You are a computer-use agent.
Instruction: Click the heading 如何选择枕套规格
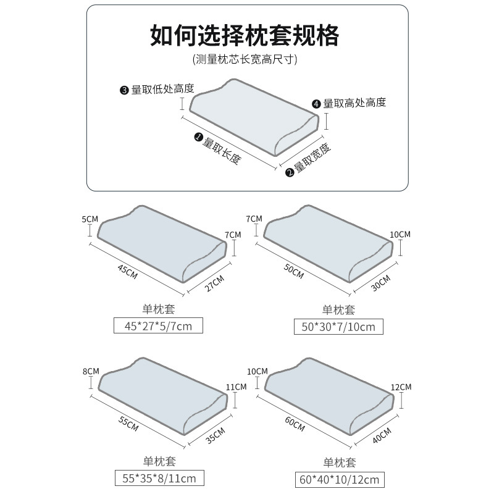pos(245,35)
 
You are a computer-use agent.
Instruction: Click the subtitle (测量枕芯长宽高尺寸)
pos(245,60)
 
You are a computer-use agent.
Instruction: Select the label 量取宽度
pos(312,158)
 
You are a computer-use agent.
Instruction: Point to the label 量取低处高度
pos(162,89)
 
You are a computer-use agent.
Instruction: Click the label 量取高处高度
pos(354,103)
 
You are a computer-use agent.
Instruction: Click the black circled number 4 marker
pos(317,104)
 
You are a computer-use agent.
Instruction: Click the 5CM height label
pos(90,219)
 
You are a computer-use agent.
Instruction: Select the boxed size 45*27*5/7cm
pos(159,325)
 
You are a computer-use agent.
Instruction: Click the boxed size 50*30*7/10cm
pos(339,326)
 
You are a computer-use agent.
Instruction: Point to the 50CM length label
pos(295,270)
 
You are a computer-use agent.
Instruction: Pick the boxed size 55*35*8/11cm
pos(159,477)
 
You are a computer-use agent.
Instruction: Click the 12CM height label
pos(401,387)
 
